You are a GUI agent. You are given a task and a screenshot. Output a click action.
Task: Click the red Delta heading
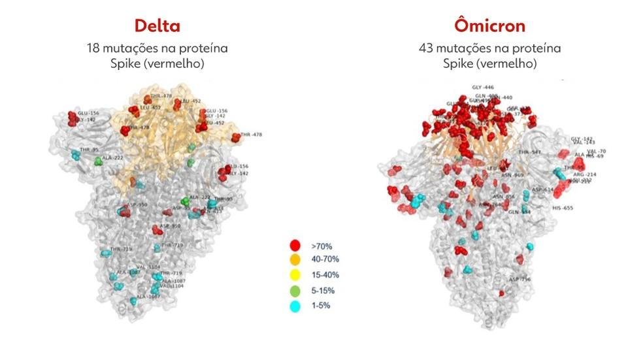click(157, 26)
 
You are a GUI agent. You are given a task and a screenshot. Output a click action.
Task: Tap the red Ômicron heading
click(489, 26)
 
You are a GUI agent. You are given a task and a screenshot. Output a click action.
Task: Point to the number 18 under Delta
click(94, 48)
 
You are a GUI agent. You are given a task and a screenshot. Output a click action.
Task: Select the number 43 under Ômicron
click(426, 48)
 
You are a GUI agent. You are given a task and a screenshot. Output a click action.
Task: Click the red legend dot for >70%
click(295, 246)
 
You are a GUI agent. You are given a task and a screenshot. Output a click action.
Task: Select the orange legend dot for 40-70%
click(295, 260)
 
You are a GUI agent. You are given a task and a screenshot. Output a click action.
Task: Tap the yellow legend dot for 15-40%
click(295, 275)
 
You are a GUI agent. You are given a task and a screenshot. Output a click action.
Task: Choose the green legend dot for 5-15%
click(295, 290)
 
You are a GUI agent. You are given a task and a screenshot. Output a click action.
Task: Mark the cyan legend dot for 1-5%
click(295, 304)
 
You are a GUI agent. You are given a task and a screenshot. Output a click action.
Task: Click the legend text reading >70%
click(321, 246)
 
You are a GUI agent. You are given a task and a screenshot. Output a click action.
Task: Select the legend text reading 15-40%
click(325, 275)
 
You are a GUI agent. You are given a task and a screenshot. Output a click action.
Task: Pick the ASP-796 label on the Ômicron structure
click(520, 280)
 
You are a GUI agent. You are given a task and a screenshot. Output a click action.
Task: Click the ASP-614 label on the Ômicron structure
click(542, 189)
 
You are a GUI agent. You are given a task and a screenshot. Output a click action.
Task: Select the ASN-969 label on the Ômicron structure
click(512, 175)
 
